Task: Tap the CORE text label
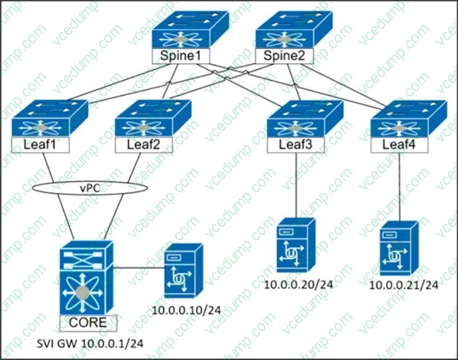point(87,323)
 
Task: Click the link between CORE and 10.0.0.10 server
point(137,269)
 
